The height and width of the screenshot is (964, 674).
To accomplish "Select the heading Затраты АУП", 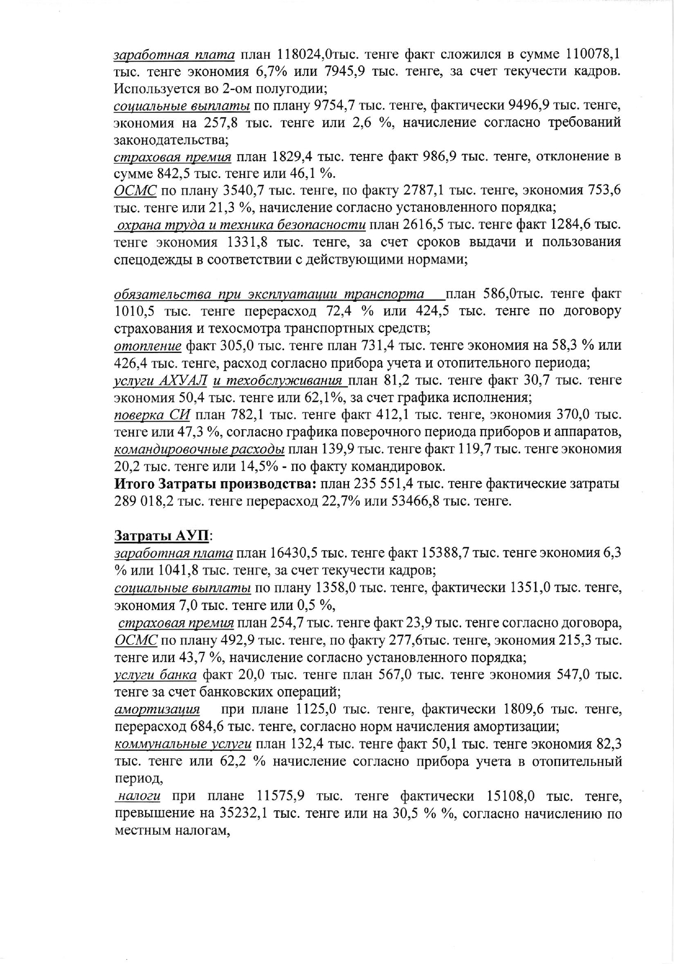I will point(161,536).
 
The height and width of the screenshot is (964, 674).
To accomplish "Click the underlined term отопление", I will point(147,346).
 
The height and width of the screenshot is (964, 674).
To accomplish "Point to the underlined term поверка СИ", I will point(152,415).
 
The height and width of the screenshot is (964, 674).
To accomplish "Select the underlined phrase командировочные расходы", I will point(199,450).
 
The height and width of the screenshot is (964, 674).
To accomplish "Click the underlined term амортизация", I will point(157,710).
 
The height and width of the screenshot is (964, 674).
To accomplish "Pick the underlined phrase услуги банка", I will point(155,675).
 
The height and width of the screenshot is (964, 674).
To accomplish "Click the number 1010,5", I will point(135,312).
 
